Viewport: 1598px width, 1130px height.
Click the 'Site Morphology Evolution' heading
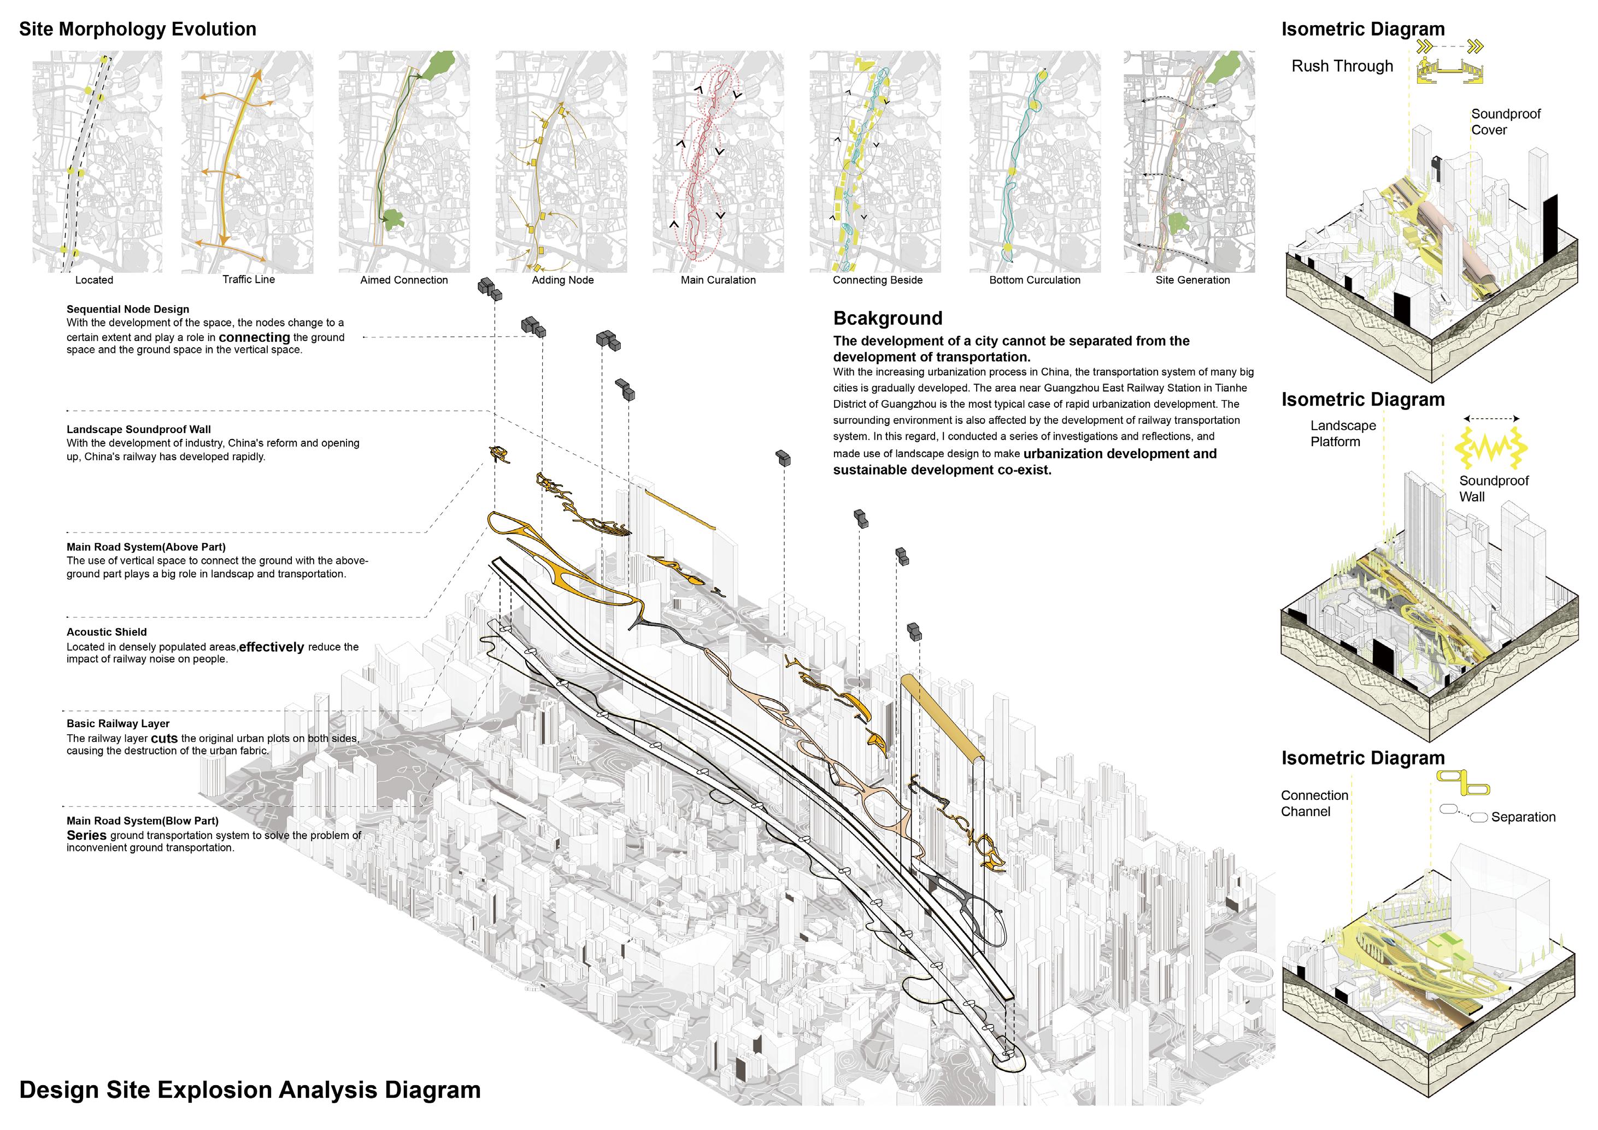point(137,29)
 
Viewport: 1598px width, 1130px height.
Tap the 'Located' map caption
point(94,280)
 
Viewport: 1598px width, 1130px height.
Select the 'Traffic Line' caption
point(249,279)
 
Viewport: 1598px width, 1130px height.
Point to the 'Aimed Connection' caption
point(404,280)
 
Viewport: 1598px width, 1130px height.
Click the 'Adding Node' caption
point(562,280)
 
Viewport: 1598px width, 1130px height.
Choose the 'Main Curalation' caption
point(718,280)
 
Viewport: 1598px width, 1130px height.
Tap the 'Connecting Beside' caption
point(877,280)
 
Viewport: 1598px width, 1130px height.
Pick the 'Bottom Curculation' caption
point(1034,280)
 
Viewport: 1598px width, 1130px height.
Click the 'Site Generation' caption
point(1192,280)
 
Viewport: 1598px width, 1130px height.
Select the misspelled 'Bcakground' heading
point(888,318)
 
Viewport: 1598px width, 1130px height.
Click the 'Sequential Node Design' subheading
point(127,309)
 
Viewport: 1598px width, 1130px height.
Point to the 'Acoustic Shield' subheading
point(107,632)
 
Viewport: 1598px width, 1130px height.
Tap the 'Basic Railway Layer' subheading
point(117,723)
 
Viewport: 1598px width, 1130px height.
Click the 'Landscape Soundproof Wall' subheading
point(138,430)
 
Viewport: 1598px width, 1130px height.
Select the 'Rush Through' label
point(1342,66)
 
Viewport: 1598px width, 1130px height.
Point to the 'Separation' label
point(1523,817)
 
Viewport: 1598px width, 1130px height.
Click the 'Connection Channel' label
point(1314,804)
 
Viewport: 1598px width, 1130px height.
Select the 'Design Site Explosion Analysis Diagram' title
point(250,1090)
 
